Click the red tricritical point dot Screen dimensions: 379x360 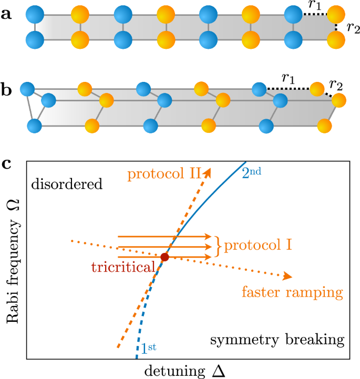coord(164,257)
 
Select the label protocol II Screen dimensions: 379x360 coord(164,174)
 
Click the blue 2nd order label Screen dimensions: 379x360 coord(255,173)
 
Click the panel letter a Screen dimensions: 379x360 coord(7,14)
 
